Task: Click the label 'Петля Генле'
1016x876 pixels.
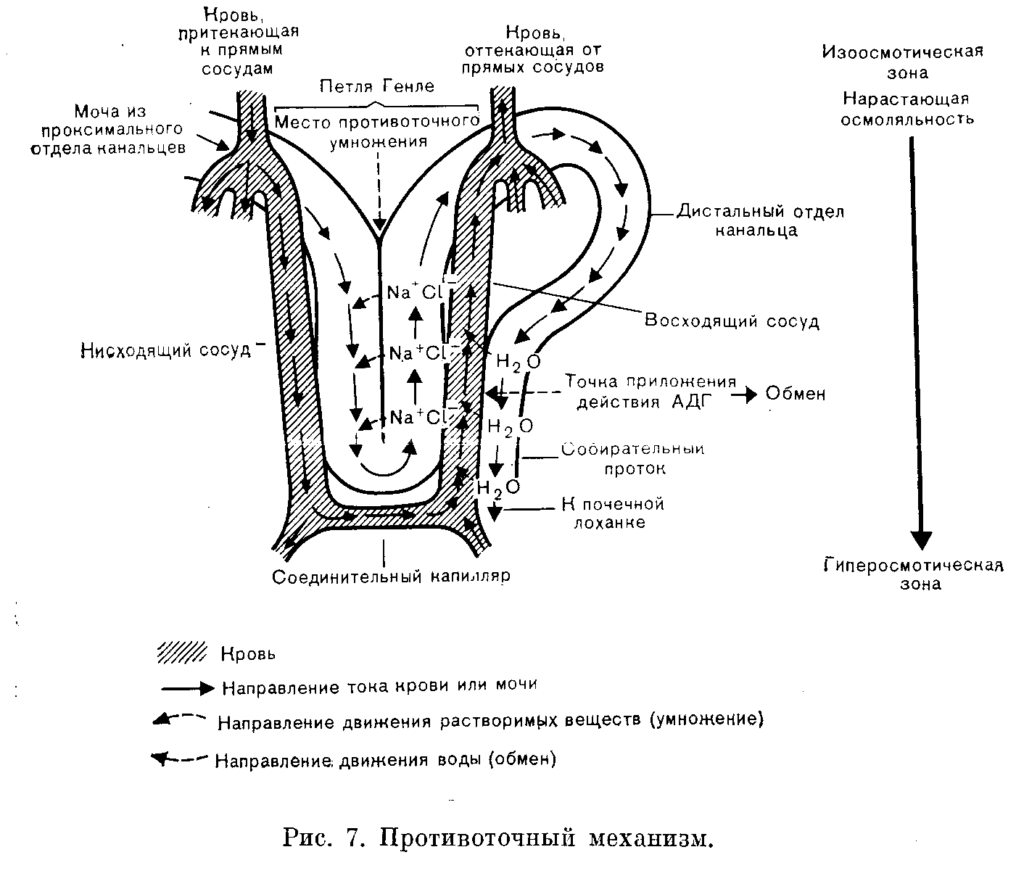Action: [377, 87]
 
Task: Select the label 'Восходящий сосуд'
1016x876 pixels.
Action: [732, 321]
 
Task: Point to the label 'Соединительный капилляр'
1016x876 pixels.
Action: [392, 577]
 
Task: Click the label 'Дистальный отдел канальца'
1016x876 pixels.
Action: [760, 221]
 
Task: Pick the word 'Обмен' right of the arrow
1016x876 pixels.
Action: [796, 394]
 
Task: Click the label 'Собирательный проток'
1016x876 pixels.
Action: [634, 459]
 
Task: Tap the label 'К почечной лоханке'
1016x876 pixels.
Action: [614, 513]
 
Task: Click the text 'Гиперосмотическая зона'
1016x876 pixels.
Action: [914, 574]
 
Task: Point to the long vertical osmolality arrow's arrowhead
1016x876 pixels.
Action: [921, 540]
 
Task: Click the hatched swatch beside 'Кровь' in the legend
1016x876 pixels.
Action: [182, 653]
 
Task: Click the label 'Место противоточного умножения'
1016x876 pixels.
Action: [378, 131]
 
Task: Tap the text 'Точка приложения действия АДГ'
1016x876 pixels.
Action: [650, 392]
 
